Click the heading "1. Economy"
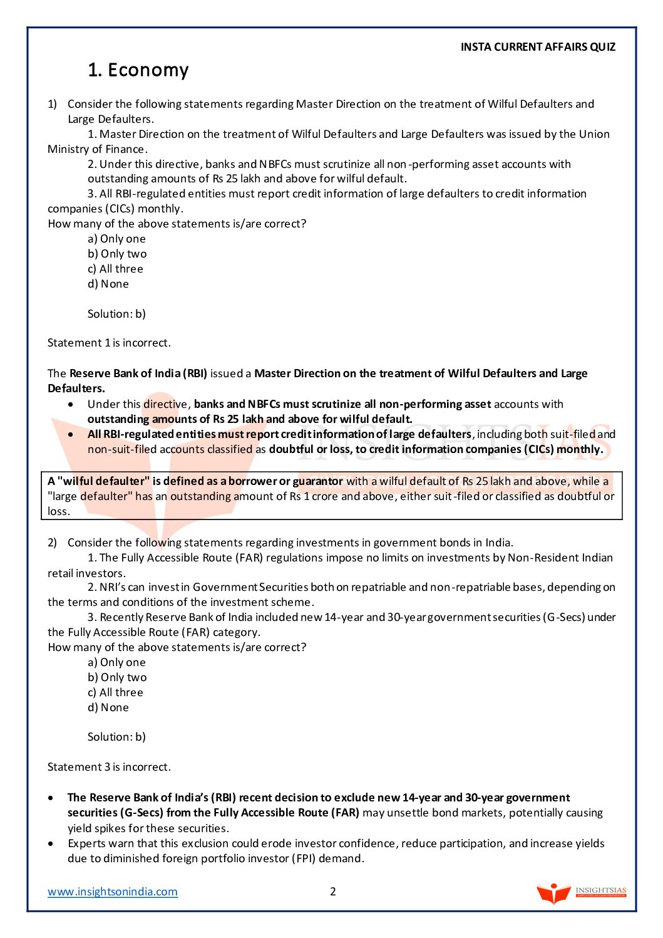[x=138, y=70]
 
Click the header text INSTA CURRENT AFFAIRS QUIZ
[x=538, y=47]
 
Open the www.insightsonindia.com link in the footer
[x=113, y=892]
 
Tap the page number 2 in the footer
[x=333, y=892]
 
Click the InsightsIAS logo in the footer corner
[x=581, y=892]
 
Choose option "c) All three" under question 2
[x=115, y=692]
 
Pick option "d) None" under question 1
[x=108, y=284]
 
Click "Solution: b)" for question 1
[x=116, y=314]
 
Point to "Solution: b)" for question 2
[x=116, y=737]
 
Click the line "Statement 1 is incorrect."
[x=109, y=343]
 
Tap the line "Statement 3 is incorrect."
[x=109, y=767]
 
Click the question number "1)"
[x=53, y=104]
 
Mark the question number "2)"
[x=53, y=543]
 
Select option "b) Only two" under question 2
[x=117, y=677]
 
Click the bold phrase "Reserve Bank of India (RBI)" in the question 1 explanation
[x=138, y=373]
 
